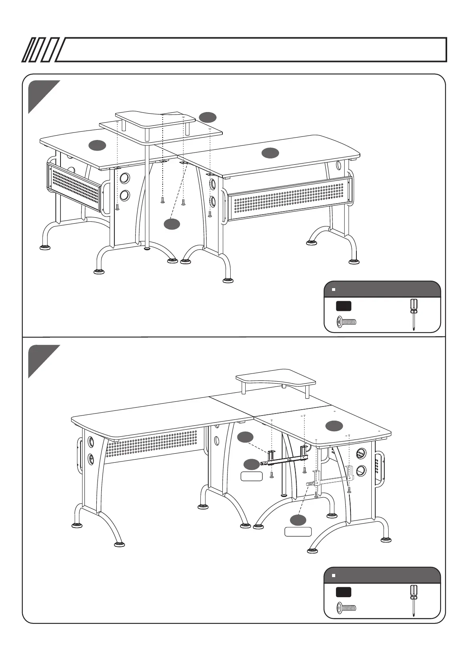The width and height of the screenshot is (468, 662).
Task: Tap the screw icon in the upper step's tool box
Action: coord(346,322)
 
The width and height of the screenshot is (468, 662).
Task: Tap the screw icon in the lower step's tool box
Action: coord(346,608)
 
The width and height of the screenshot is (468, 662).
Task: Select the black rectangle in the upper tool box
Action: coord(343,306)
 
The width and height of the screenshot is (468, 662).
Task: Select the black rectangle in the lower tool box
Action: coord(343,592)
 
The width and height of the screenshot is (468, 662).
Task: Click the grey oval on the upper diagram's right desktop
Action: coord(270,153)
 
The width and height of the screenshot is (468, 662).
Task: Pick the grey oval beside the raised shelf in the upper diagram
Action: coord(207,117)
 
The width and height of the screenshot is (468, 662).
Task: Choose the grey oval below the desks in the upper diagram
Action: coord(172,224)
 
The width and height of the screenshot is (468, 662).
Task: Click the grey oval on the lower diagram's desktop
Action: coord(334,425)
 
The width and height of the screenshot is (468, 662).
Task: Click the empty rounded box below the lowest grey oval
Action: coord(298,532)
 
